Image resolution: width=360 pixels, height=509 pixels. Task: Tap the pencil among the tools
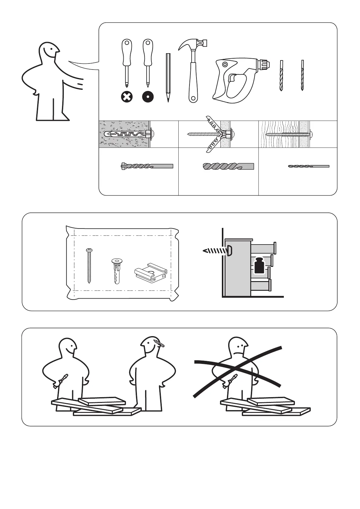pos(168,77)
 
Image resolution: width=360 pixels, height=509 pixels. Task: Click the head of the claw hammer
pos(193,44)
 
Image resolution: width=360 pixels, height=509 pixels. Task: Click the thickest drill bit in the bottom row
pos(228,166)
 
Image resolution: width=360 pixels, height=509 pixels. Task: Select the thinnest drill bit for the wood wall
pos(308,166)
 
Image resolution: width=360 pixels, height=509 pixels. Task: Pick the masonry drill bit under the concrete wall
pos(147,166)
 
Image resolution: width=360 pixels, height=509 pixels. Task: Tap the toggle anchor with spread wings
pos(215,134)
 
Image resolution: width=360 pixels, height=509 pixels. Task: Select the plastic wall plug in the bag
pos(116,271)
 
